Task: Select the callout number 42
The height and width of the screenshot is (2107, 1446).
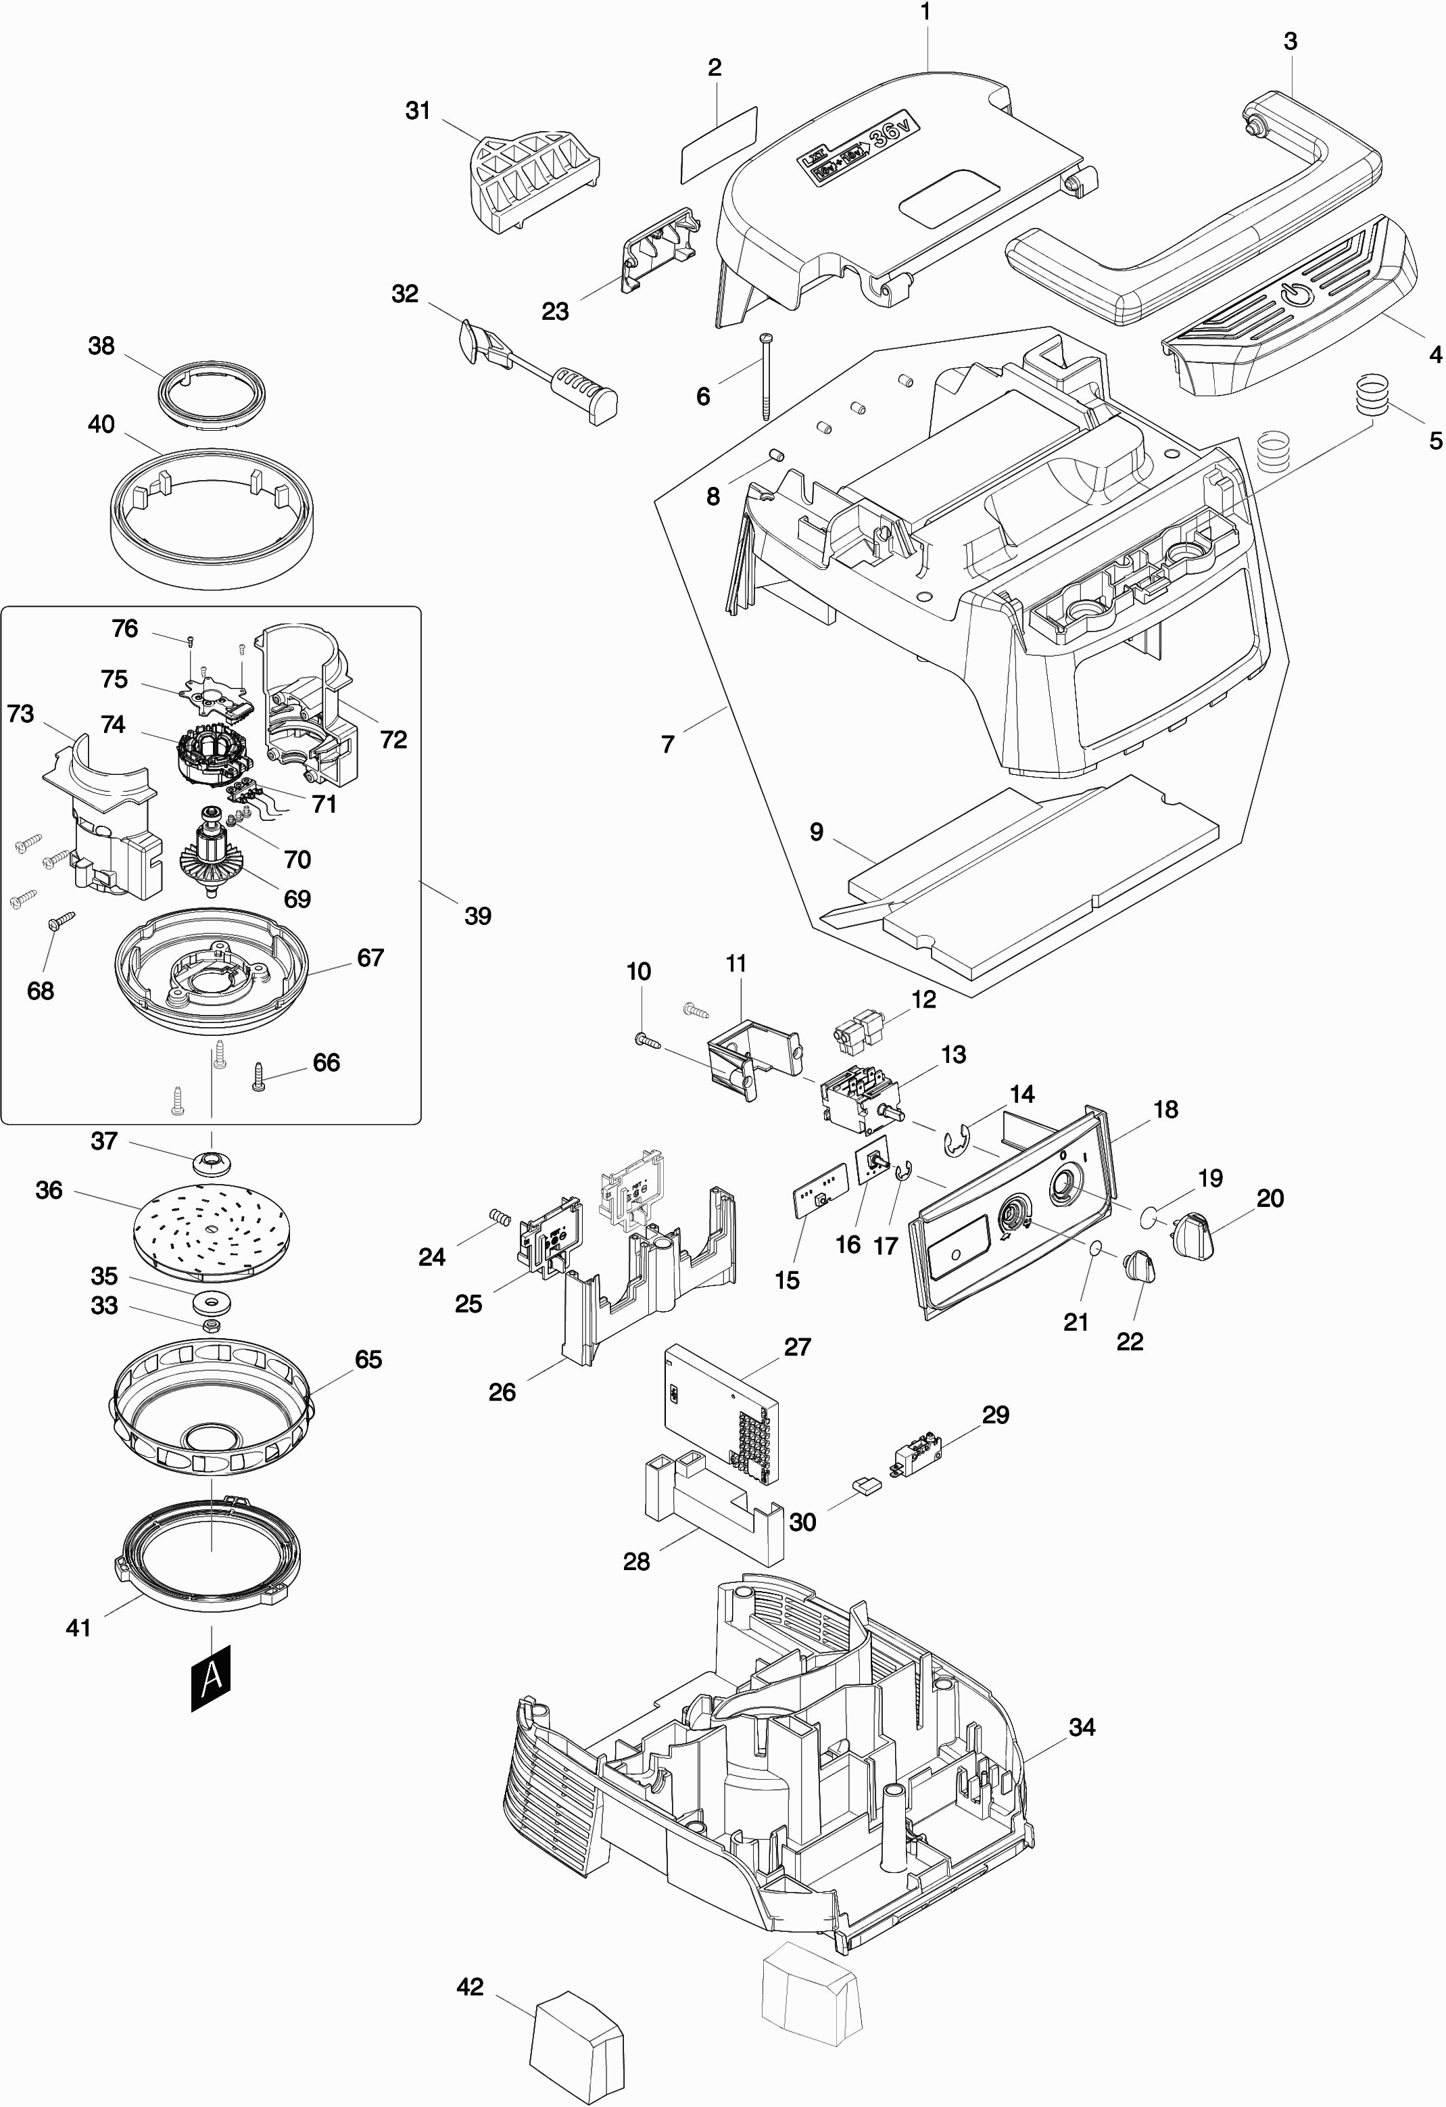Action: (470, 1987)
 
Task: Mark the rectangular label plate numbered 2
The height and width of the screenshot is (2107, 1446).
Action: (719, 145)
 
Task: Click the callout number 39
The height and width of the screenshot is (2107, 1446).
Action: (478, 916)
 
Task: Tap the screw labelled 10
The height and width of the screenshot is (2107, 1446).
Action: (644, 1040)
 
